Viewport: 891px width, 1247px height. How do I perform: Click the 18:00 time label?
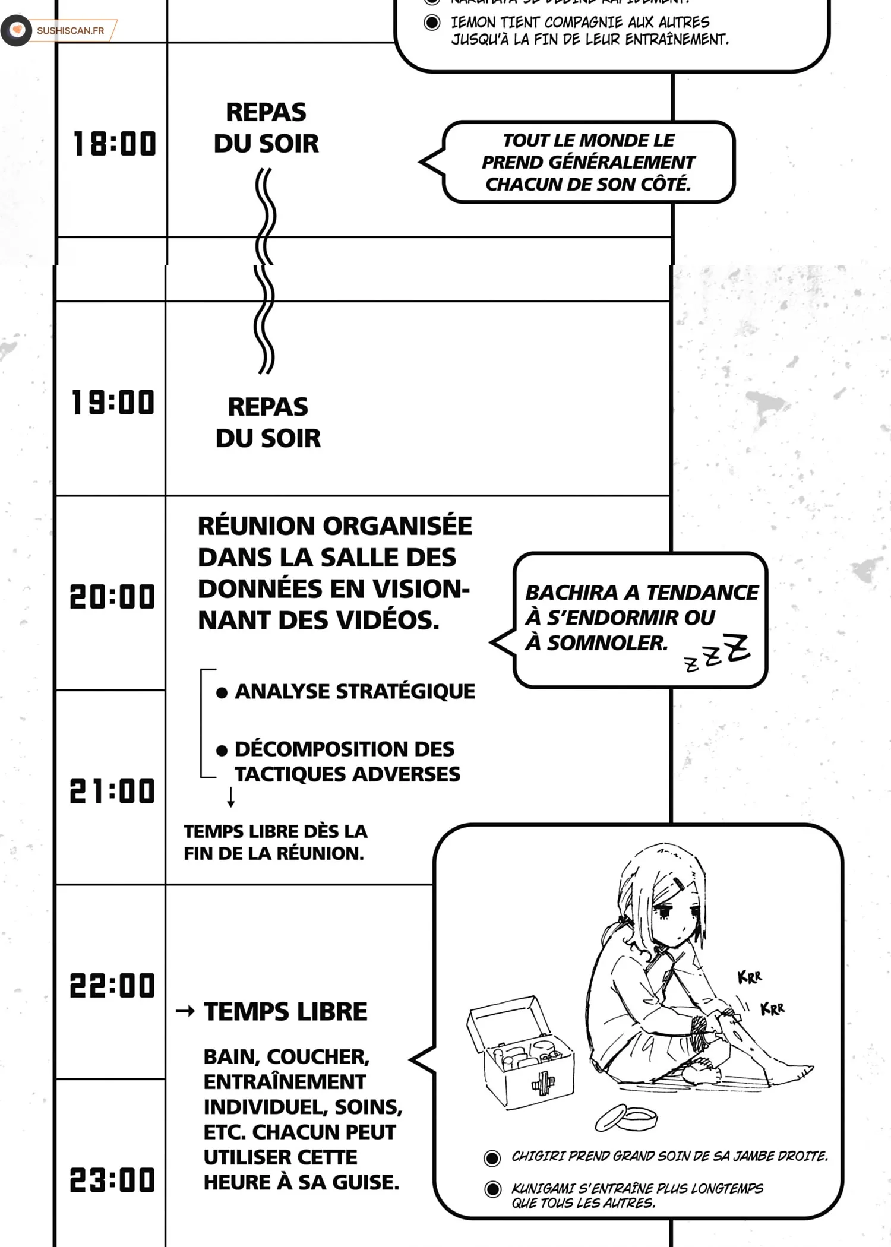114,144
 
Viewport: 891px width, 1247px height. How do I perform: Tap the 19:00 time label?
113,403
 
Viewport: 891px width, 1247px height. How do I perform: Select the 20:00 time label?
112,597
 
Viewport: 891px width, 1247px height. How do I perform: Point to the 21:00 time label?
112,792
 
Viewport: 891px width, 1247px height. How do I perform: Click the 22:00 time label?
112,986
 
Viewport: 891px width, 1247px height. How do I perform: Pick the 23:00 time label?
112,1180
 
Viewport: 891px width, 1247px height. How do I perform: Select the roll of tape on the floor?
626,1118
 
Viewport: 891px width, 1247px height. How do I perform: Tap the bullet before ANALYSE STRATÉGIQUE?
222,692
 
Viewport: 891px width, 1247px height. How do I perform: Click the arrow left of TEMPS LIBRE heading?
185,1011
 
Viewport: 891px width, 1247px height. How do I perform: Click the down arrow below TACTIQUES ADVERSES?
231,797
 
